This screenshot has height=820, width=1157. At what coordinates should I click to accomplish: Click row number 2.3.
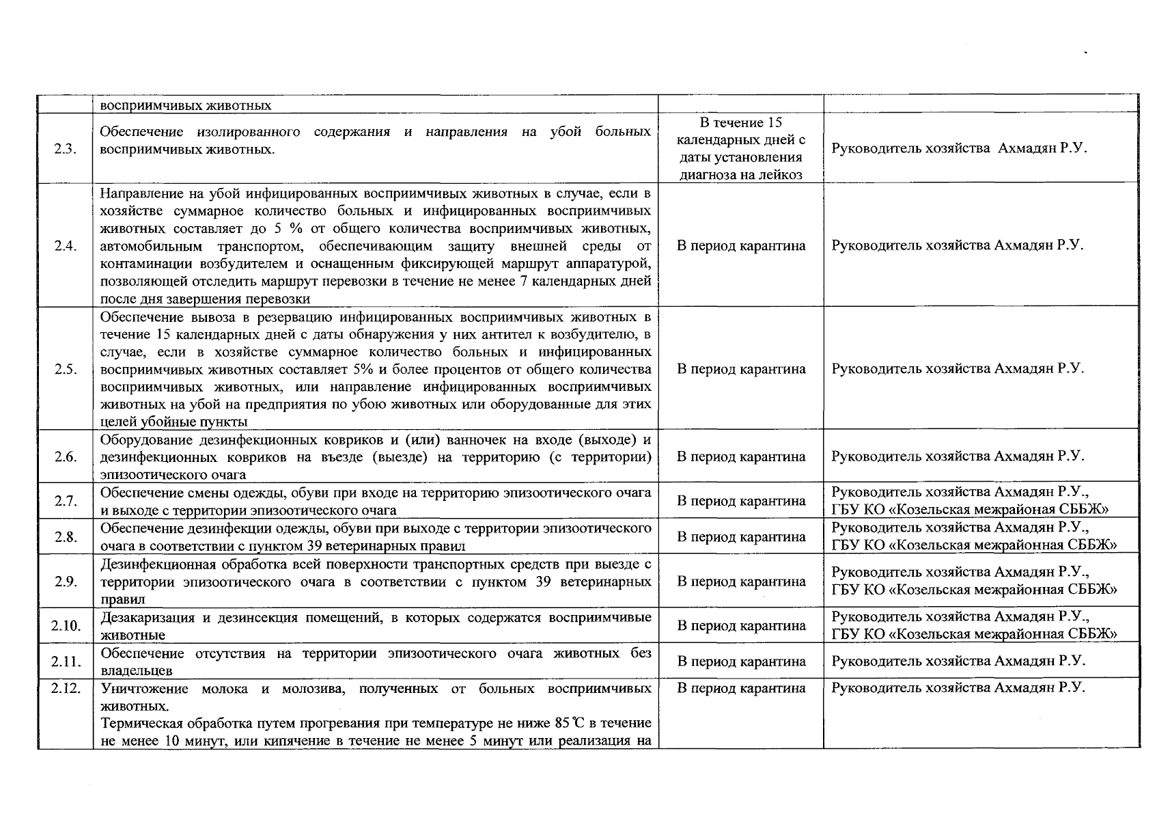(x=66, y=150)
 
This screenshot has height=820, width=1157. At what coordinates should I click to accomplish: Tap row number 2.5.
(x=66, y=370)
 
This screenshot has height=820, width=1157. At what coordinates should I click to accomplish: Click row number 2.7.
(x=66, y=502)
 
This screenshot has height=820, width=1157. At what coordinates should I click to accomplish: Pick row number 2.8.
(x=66, y=537)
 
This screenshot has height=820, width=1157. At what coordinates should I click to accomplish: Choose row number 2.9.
(x=66, y=582)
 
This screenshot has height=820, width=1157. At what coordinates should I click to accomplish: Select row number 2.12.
(x=66, y=688)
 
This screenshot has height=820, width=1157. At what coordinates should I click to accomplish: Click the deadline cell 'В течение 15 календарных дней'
(x=741, y=148)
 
